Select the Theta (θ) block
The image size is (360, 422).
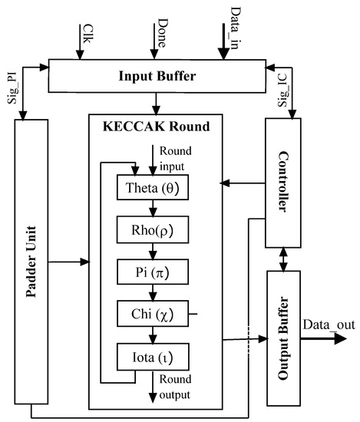point(151,186)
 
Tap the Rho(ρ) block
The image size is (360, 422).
point(151,229)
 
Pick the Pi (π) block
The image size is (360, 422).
point(151,271)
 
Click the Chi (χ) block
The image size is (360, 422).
point(151,313)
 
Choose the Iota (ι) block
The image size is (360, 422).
point(151,356)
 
